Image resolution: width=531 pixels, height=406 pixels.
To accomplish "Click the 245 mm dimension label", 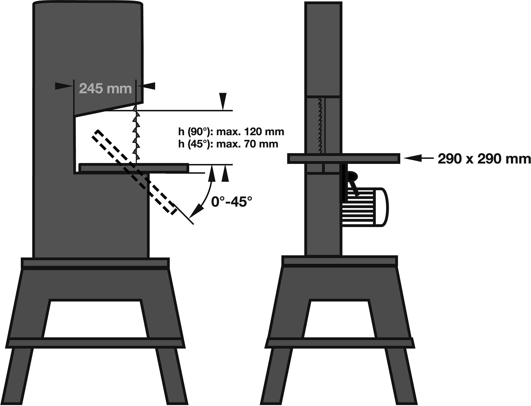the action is tap(105, 89).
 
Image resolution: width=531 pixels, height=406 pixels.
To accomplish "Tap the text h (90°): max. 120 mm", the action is tap(231, 132).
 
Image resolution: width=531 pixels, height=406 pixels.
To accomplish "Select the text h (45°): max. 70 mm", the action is tap(228, 144).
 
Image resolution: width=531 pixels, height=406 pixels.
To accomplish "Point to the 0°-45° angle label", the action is tap(231, 201).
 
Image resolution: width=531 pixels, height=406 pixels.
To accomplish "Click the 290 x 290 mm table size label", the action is tap(484, 159).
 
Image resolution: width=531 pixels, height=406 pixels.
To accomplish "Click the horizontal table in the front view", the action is tap(134, 168).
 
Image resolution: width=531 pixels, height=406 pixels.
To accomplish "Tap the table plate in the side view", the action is tap(344, 159).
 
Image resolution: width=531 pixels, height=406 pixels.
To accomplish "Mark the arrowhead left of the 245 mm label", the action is tap(64, 86).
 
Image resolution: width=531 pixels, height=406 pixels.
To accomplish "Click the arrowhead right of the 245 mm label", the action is tap(147, 86).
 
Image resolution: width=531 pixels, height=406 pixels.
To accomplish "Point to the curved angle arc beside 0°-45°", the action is tap(206, 193).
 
